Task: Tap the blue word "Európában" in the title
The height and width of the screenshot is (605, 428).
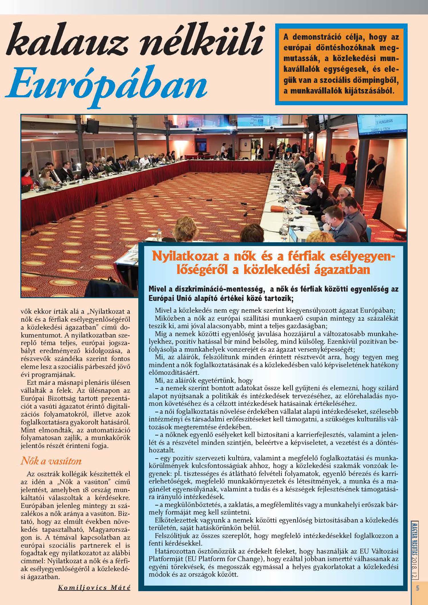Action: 106,83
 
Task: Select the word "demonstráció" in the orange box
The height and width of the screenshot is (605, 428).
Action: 325,37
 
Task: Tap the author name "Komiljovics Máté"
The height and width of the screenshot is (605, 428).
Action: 94,588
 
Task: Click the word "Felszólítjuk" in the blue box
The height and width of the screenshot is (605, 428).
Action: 172,536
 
